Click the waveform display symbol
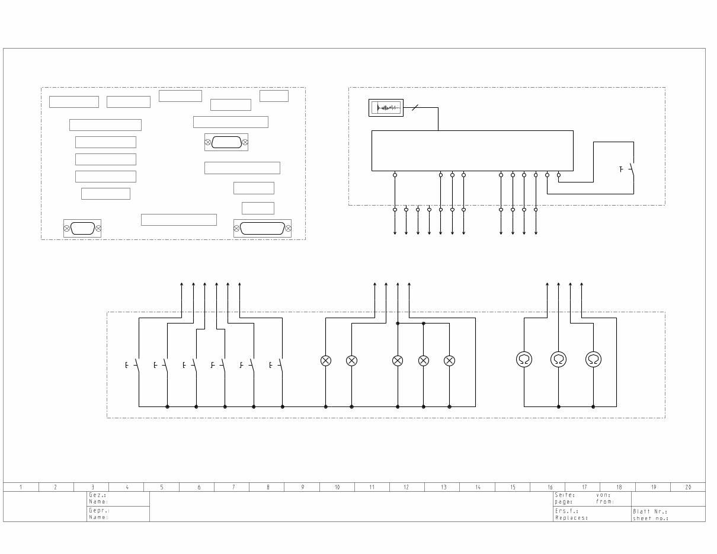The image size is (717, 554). [x=386, y=108]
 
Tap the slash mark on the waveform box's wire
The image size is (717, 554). [x=415, y=108]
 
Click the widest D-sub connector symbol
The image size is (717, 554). [x=263, y=228]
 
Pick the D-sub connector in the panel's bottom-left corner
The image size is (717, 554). [x=82, y=228]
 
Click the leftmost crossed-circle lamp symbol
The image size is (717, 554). [x=325, y=360]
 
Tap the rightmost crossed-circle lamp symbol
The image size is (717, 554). [x=449, y=360]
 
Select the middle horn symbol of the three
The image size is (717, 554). [x=558, y=359]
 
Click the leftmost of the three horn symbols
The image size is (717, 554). [x=524, y=359]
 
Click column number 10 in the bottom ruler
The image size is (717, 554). [x=337, y=488]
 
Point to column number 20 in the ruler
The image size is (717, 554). [x=688, y=488]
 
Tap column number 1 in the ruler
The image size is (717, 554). [x=21, y=488]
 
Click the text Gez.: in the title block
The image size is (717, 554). [x=98, y=495]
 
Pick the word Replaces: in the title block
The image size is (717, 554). [x=572, y=518]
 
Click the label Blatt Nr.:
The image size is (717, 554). [x=650, y=511]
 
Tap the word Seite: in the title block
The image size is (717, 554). [x=565, y=495]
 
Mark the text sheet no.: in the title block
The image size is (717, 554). [x=651, y=518]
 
